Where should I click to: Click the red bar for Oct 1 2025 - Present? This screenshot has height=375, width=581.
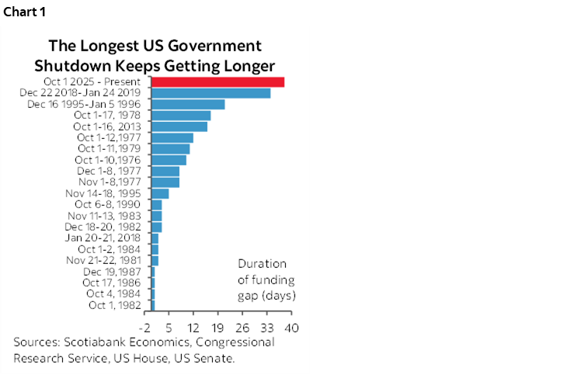tap(217, 82)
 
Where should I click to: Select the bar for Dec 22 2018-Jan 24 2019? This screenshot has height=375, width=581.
tap(210, 93)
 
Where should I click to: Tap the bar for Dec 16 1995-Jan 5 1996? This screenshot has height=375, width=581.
tap(188, 104)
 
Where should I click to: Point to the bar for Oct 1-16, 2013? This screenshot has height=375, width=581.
tap(179, 127)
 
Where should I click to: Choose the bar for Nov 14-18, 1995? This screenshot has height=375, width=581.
tap(160, 193)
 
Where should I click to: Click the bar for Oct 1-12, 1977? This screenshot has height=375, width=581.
tap(172, 137)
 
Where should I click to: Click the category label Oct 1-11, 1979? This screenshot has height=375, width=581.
tap(108, 149)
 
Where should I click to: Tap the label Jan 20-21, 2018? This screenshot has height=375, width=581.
tap(105, 238)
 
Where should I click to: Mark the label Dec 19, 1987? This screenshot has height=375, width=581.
tap(113, 271)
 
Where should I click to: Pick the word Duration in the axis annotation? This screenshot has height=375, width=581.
tap(262, 264)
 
